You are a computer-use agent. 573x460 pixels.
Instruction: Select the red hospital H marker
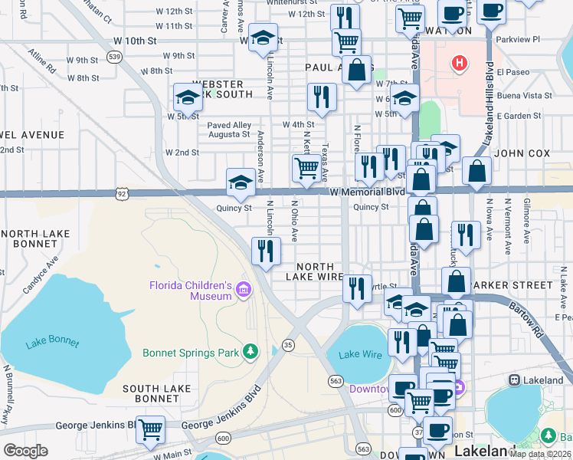[459, 63]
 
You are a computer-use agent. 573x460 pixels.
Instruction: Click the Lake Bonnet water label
[52, 342]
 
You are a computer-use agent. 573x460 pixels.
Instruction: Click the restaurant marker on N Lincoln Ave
[266, 251]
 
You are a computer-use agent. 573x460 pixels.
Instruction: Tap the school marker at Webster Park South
[188, 97]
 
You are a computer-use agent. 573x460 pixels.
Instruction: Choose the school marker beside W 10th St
[263, 38]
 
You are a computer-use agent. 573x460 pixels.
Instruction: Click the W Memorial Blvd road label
[367, 192]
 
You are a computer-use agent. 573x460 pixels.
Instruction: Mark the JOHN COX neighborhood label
[522, 153]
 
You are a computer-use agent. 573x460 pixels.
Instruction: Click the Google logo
[25, 451]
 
